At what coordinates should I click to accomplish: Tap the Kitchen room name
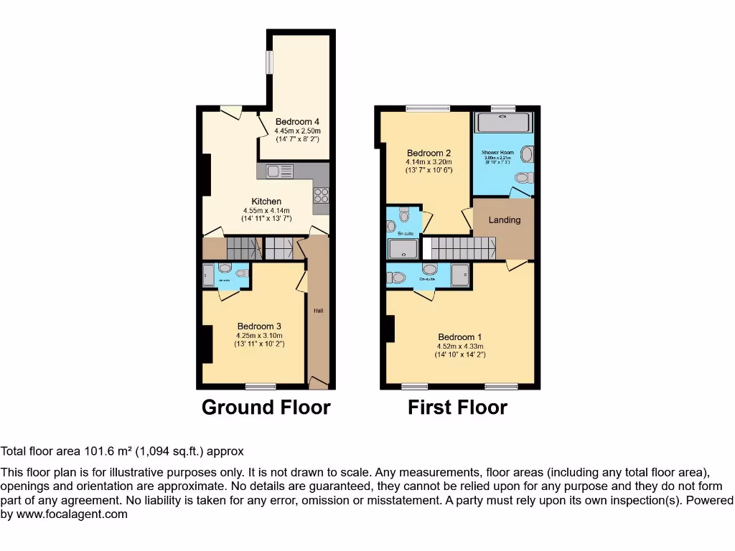click(x=266, y=201)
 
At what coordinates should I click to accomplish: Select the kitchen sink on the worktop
click(x=275, y=171)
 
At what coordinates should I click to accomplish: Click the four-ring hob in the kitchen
click(x=320, y=195)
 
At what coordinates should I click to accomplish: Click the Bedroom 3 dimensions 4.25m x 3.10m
click(x=259, y=335)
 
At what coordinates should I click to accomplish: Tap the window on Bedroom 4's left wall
click(x=270, y=62)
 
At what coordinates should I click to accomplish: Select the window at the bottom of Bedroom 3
click(x=260, y=386)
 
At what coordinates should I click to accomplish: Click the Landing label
click(x=504, y=220)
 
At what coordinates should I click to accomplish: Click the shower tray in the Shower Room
click(x=503, y=123)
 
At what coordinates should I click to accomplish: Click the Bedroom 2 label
click(x=429, y=153)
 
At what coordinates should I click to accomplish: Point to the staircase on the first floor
click(x=463, y=248)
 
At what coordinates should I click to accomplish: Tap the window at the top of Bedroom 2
click(x=428, y=109)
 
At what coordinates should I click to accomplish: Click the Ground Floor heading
click(x=266, y=408)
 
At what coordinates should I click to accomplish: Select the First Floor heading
click(x=457, y=408)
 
